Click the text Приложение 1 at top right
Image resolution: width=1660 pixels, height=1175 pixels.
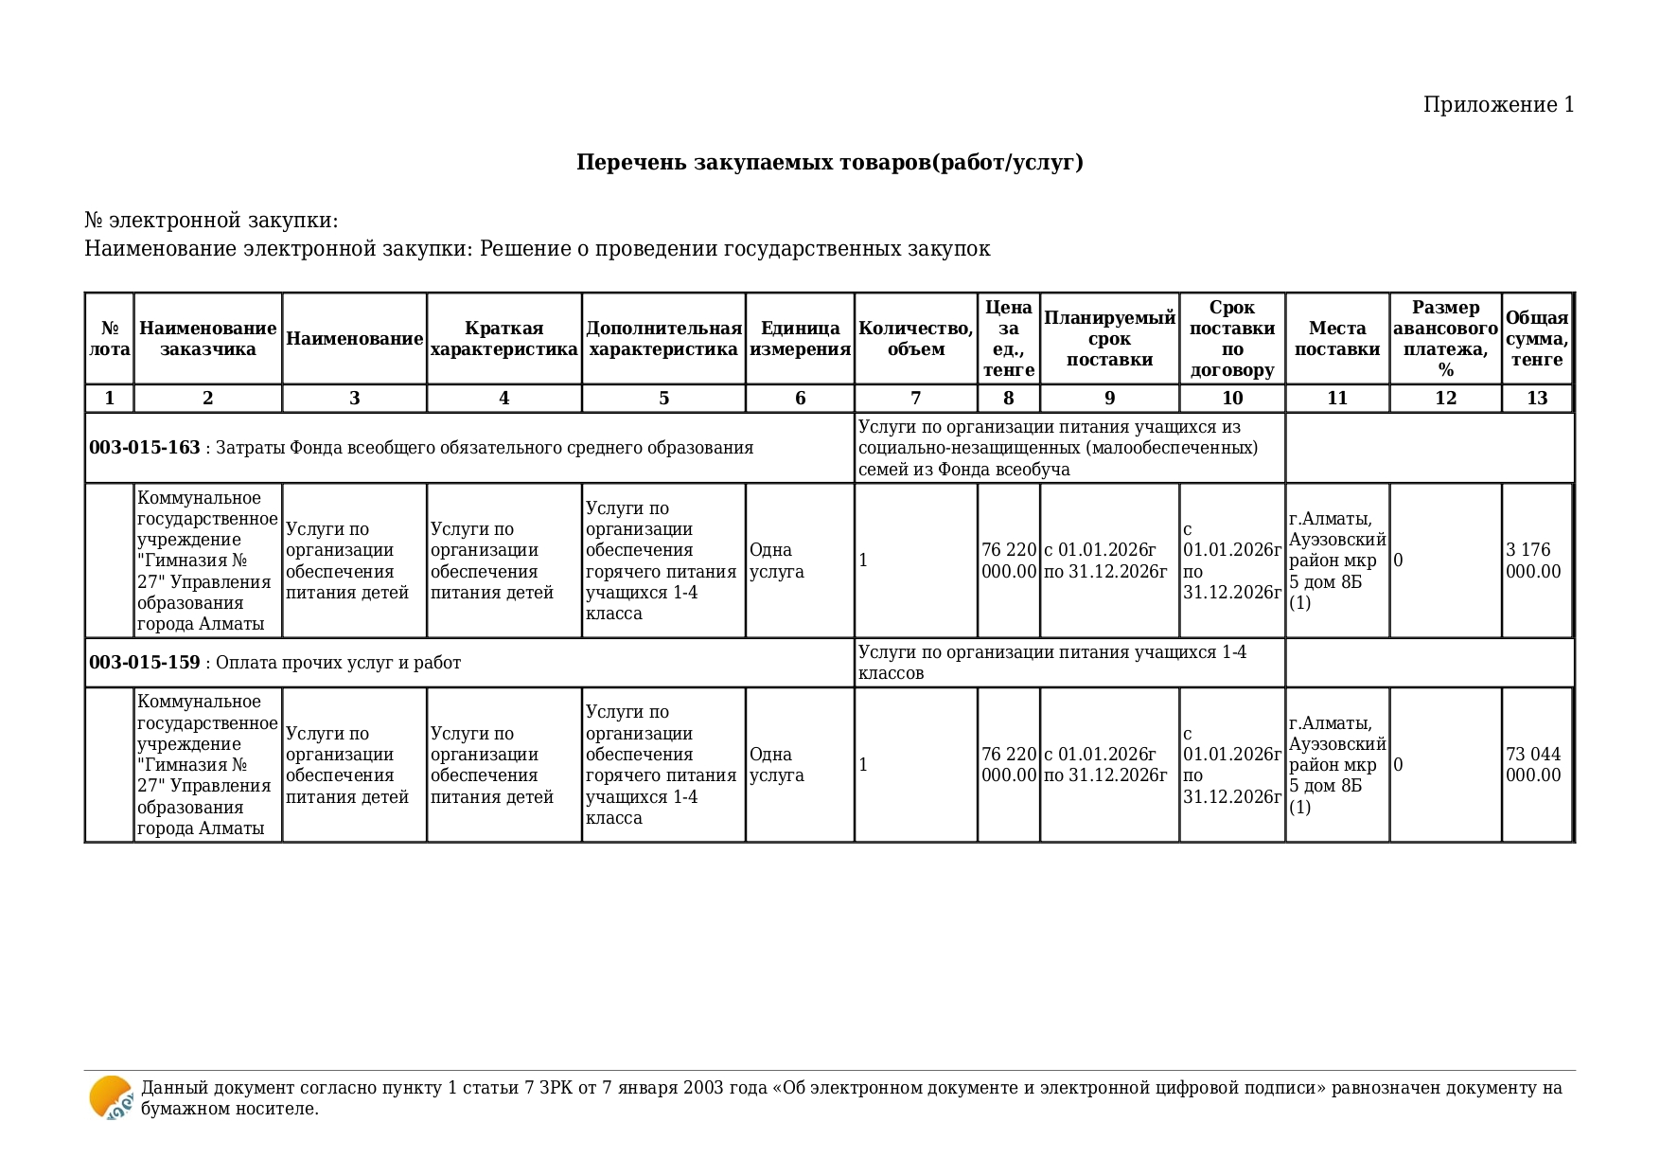coord(1498,105)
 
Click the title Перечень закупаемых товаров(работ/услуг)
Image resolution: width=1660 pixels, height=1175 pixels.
coord(829,163)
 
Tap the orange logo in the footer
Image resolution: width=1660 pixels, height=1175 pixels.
coord(111,1098)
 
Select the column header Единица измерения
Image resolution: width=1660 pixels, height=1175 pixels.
coord(800,339)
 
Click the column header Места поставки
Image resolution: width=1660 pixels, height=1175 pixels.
coord(1336,339)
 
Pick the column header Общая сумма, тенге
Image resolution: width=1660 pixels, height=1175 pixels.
coord(1536,339)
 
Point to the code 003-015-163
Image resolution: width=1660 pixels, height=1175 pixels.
coord(145,448)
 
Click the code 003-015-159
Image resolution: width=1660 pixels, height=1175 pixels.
coord(145,663)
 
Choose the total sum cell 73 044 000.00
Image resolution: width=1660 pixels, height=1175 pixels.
coord(1533,765)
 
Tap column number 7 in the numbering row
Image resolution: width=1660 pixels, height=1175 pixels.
coord(915,399)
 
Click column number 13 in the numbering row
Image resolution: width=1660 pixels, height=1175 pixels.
coord(1536,399)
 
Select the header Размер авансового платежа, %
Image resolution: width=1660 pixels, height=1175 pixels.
coord(1445,339)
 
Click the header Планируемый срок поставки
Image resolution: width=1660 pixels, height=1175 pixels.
coord(1109,339)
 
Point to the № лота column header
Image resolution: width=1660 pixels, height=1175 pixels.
coord(110,339)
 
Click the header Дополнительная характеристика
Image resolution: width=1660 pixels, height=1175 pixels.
coord(663,339)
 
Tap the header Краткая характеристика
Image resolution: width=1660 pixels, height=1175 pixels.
coord(503,339)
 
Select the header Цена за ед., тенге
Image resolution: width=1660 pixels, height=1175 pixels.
coord(1008,339)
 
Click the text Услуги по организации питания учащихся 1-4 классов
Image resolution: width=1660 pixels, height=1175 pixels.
coord(1051,663)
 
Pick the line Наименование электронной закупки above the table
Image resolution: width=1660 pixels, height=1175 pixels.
coord(537,249)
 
